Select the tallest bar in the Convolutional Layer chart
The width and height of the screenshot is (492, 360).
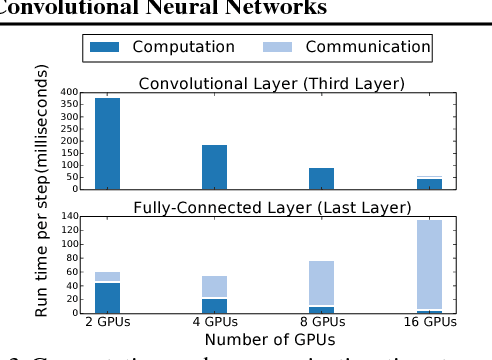(107, 143)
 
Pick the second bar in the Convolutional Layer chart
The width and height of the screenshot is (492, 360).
(214, 166)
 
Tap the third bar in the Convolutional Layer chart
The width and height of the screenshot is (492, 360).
(321, 178)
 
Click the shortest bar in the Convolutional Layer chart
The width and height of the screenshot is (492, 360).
(429, 183)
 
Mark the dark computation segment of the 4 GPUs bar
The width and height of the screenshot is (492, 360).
(214, 306)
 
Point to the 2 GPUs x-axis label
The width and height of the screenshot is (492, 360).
(107, 323)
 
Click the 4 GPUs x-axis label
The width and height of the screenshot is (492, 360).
(214, 323)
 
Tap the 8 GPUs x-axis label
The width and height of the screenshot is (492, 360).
(321, 323)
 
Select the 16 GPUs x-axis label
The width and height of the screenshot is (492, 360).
(429, 323)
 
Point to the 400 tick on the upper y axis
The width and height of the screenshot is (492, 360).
(70, 92)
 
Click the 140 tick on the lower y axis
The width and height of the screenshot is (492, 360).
(70, 216)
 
